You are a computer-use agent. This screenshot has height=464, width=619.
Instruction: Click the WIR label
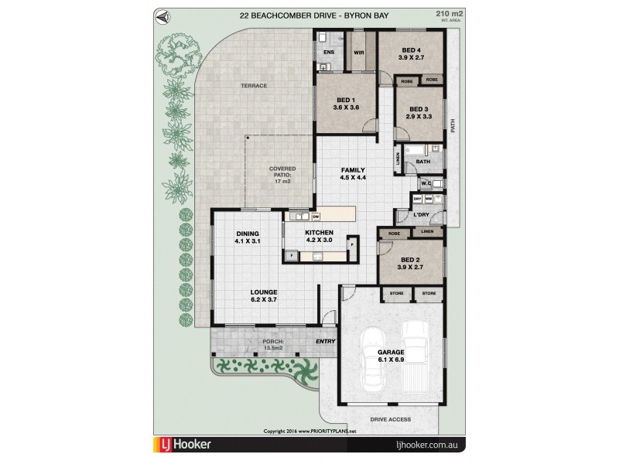pyautogui.click(x=358, y=53)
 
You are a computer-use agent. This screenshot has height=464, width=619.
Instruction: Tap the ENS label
pyautogui.click(x=328, y=53)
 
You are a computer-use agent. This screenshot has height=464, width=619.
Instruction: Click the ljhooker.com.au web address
pyautogui.click(x=426, y=446)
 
